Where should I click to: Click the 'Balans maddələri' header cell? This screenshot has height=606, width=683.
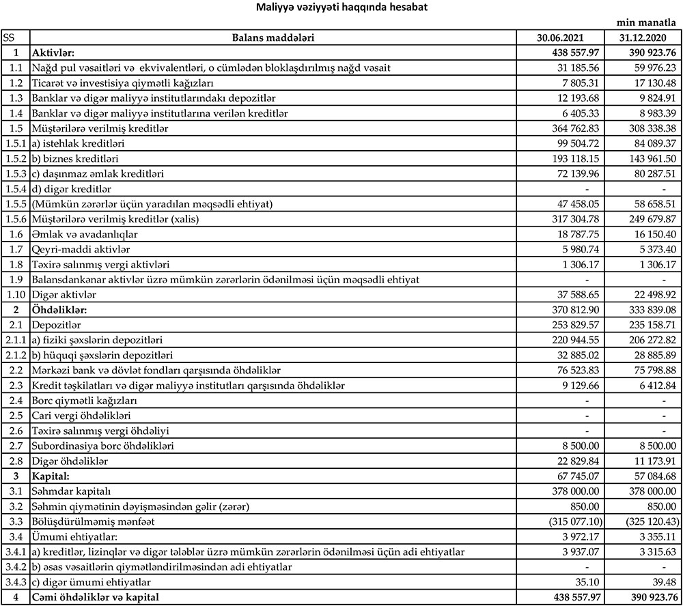tap(273, 38)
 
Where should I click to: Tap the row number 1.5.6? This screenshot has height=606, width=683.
tap(14, 219)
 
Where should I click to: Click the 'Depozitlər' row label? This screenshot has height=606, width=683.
tap(56, 325)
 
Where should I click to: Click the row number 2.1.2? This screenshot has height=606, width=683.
tap(14, 355)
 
